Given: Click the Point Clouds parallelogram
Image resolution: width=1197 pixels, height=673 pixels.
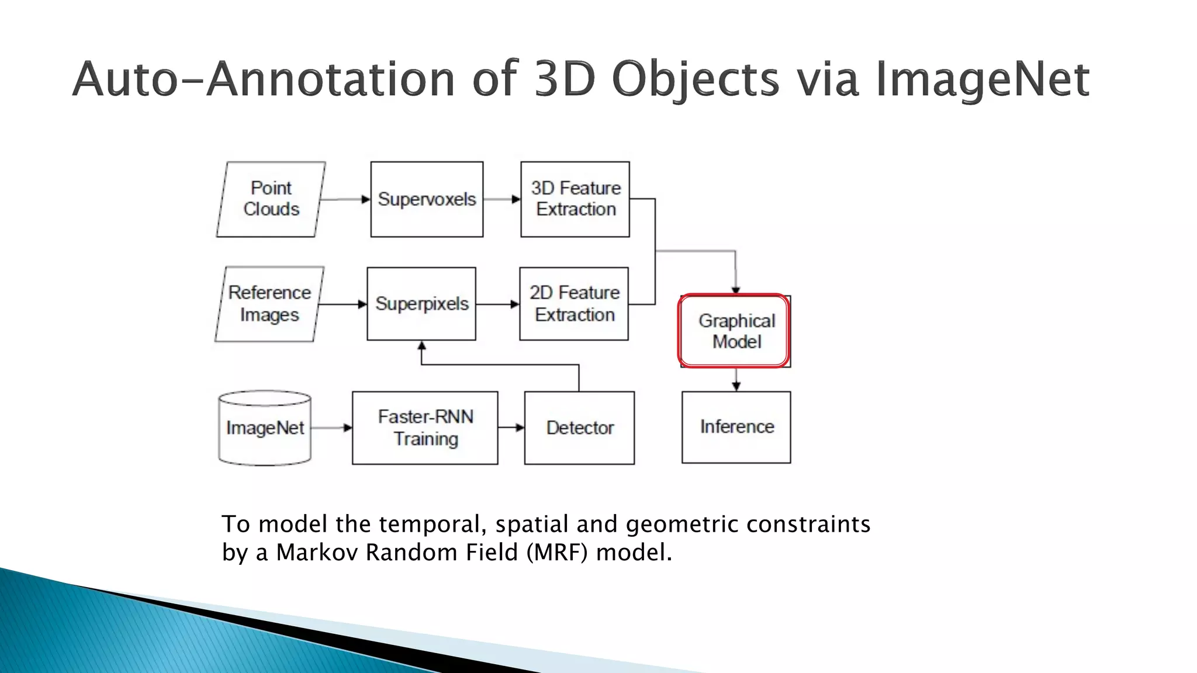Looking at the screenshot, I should point(271,199).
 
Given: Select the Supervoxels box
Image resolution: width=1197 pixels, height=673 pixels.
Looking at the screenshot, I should point(427,199).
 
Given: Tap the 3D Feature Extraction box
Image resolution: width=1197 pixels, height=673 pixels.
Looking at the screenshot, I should point(575,199).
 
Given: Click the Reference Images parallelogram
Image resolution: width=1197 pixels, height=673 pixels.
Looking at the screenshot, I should point(269,304).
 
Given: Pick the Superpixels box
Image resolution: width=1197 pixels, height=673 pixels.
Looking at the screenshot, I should point(421,304).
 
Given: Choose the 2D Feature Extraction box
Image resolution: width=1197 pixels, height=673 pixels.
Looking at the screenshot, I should point(574,304).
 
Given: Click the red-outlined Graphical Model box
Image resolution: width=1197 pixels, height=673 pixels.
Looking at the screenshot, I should point(735,331).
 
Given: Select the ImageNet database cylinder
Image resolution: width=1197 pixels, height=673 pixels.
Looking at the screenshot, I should point(265,428).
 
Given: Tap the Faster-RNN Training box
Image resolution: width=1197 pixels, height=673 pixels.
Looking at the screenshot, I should point(425,428).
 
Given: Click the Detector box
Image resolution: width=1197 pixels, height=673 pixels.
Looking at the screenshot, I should point(579,428).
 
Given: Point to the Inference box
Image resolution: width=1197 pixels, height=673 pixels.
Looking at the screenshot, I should point(736,427).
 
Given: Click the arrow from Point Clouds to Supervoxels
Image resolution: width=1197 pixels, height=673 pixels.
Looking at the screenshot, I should point(345,199).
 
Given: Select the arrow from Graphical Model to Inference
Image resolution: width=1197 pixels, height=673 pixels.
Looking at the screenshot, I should point(736,380).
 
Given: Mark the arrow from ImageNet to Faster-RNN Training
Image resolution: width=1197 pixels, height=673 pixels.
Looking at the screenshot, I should point(331,428).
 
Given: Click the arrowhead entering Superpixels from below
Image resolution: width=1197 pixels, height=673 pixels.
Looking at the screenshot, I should point(421,346).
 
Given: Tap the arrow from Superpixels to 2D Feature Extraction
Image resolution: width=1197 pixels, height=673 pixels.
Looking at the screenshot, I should point(497,304).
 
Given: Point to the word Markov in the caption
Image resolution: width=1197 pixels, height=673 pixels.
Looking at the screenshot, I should point(316,552).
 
